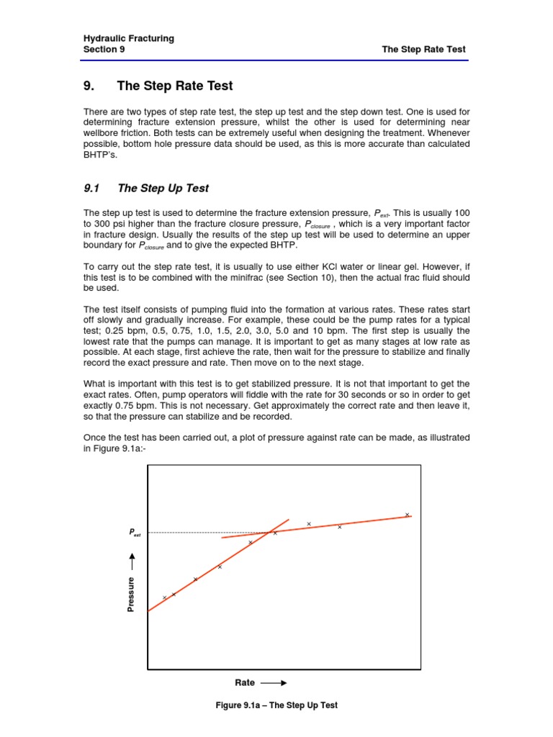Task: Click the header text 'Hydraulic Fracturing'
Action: pyautogui.click(x=129, y=38)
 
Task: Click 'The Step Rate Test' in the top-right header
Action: pyautogui.click(x=423, y=50)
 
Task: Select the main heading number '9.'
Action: pyautogui.click(x=90, y=86)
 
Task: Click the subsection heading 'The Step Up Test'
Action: pyautogui.click(x=163, y=188)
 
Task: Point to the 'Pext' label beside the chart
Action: pyautogui.click(x=135, y=533)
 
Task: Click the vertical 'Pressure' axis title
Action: pyautogui.click(x=131, y=594)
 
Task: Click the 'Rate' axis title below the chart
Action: pyautogui.click(x=246, y=682)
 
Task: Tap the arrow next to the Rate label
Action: pyautogui.click(x=274, y=682)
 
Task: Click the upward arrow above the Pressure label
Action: pyautogui.click(x=131, y=561)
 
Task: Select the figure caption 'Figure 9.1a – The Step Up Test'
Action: pyautogui.click(x=276, y=705)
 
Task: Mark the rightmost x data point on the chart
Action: pyautogui.click(x=407, y=515)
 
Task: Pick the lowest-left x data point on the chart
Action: pyautogui.click(x=164, y=597)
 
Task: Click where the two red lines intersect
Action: pyautogui.click(x=270, y=532)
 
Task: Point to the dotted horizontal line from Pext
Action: pyautogui.click(x=202, y=533)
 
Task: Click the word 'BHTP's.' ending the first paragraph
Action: pyautogui.click(x=100, y=154)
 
